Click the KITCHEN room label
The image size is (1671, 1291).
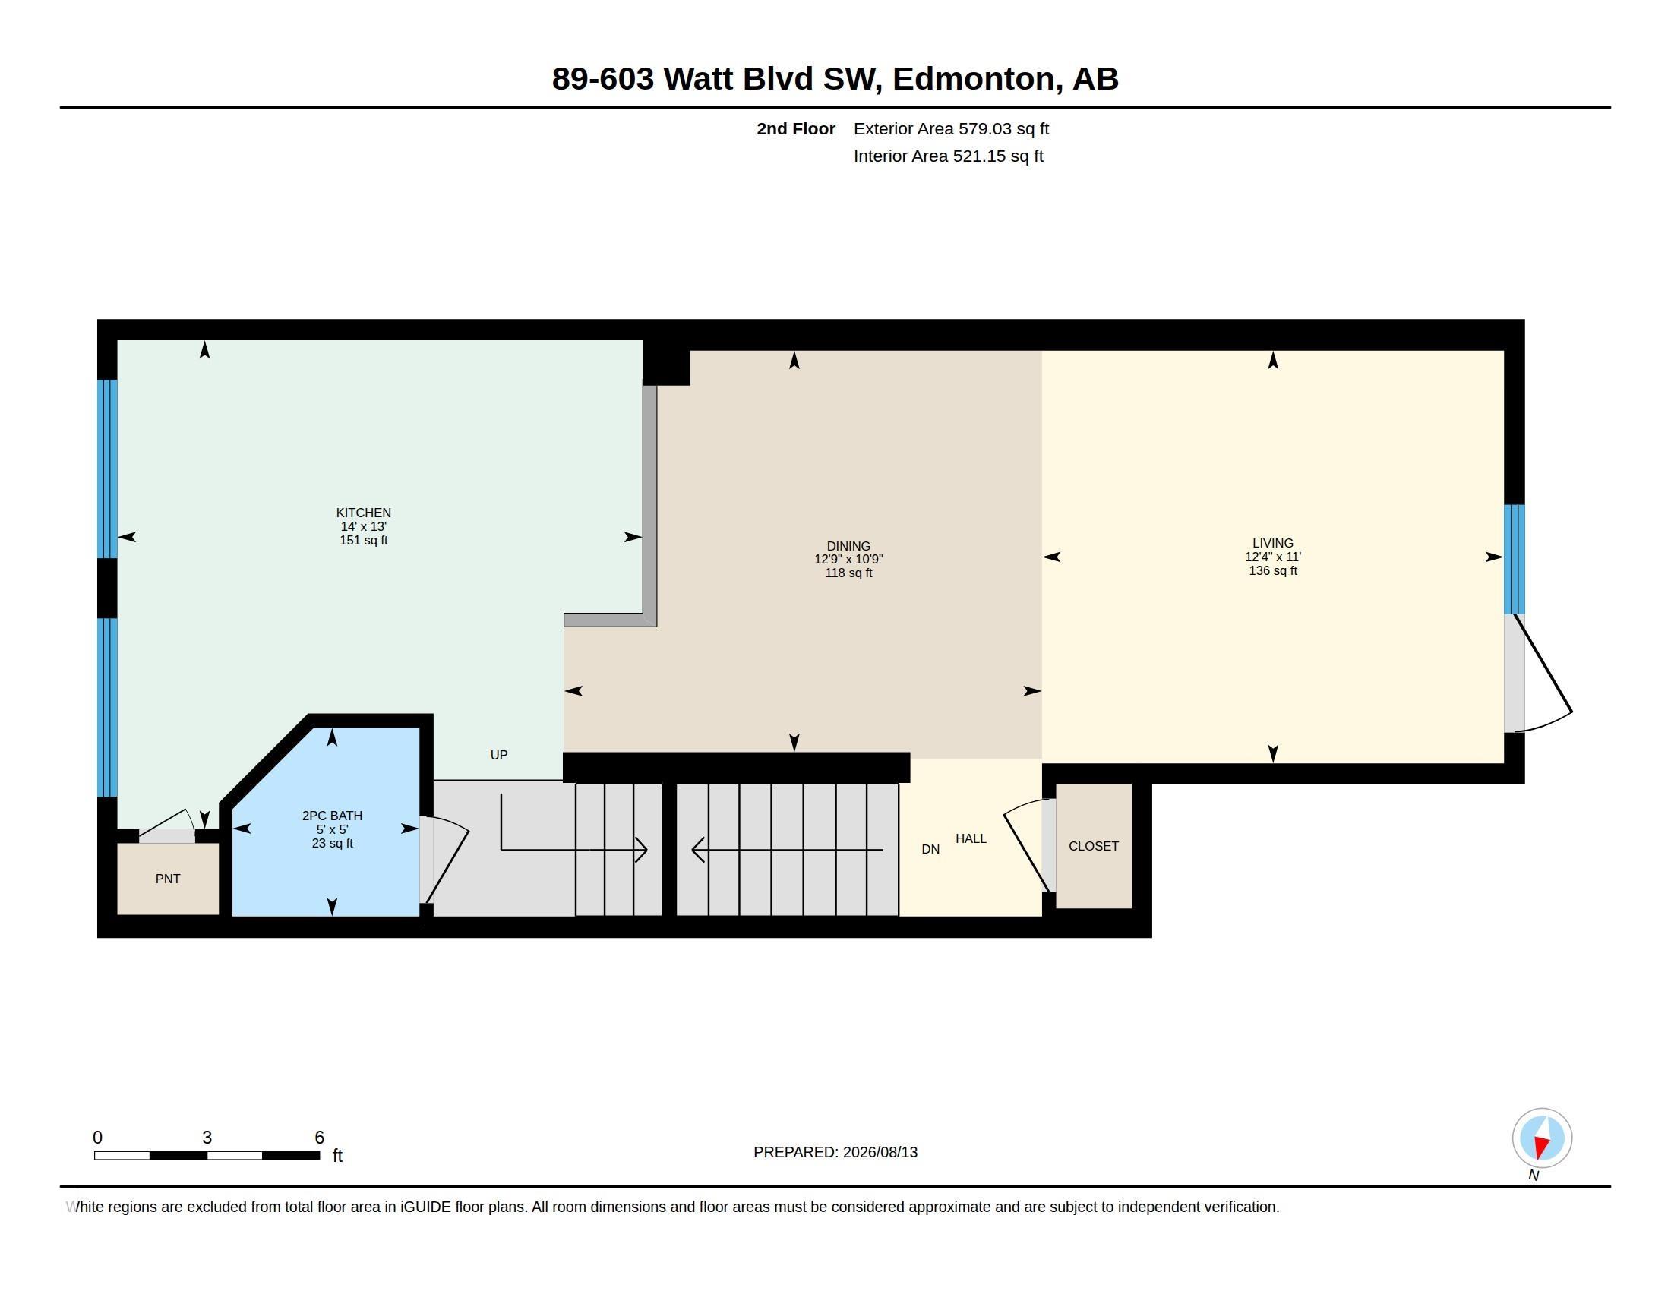point(363,513)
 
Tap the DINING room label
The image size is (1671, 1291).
point(848,546)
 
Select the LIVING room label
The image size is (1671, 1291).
point(1273,543)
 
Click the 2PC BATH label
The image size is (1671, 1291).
point(332,816)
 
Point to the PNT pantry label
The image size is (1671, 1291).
point(168,879)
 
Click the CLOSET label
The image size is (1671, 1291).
point(1093,846)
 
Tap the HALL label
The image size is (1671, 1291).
point(971,838)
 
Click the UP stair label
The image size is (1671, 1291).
point(499,755)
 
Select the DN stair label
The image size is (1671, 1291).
point(930,849)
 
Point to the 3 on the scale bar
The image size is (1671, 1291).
point(207,1138)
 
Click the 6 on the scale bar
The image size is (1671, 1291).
point(320,1138)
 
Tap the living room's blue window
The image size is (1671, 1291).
point(1514,559)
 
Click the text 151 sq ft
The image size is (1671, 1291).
point(363,540)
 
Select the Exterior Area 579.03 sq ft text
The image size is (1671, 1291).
point(951,128)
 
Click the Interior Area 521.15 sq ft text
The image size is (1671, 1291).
point(949,156)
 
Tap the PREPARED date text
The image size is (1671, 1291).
point(835,1152)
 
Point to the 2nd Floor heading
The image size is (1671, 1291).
point(796,128)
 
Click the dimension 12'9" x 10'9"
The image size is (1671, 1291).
point(848,559)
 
